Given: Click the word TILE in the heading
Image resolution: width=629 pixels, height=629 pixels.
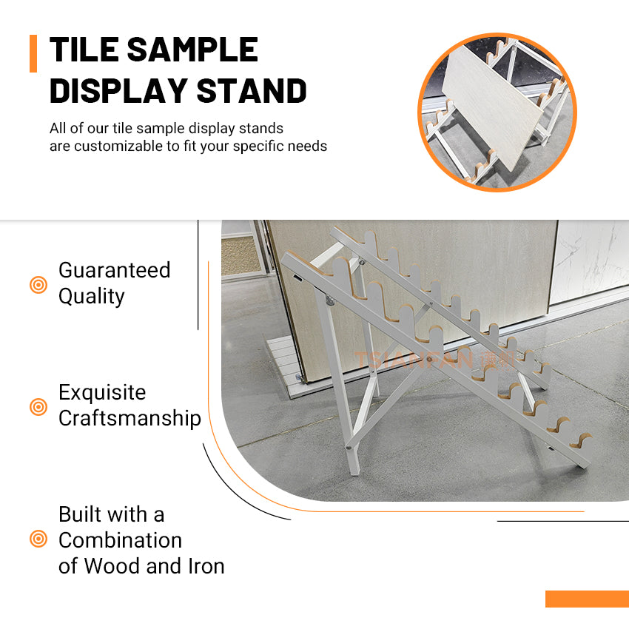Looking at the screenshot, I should (84, 50).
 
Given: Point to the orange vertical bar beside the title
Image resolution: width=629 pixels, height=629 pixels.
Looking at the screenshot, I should (33, 53).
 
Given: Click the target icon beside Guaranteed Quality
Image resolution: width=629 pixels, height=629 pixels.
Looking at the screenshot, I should (38, 284).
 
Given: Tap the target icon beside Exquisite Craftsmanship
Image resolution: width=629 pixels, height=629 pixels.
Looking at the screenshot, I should (38, 406).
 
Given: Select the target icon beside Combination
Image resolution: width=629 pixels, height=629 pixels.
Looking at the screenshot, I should (38, 539).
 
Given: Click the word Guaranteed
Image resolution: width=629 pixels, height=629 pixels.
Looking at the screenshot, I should (114, 270).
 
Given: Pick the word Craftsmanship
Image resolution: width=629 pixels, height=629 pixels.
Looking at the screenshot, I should (129, 418).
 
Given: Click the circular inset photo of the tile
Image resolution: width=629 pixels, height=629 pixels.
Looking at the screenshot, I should (497, 112).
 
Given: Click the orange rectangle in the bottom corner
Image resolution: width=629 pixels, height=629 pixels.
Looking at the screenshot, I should (587, 599).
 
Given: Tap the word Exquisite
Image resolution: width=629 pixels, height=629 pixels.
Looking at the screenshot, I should (102, 392).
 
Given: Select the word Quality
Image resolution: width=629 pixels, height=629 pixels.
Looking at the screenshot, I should (91, 296).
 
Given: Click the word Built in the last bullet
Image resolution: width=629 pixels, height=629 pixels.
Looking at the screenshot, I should (80, 514).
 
